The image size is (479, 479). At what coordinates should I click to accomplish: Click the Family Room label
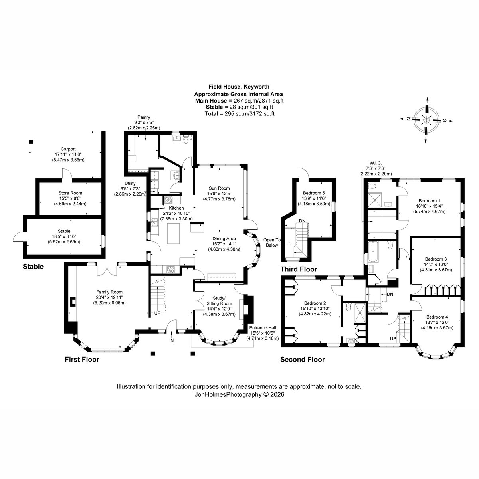109,292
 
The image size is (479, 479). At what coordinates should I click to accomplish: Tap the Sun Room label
219,188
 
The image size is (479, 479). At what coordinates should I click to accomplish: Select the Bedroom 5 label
314,193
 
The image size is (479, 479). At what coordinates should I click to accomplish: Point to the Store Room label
70,193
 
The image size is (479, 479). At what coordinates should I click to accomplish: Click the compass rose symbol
426,120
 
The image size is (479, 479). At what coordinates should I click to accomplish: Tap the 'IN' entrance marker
171,340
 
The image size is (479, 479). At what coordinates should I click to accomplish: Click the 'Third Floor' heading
299,269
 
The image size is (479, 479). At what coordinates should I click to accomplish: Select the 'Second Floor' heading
303,360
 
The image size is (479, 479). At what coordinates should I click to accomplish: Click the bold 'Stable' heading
33,267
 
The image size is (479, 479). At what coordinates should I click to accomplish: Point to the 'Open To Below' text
272,243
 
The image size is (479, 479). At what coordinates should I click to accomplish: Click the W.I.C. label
376,163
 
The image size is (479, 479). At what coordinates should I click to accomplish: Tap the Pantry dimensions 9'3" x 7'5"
144,122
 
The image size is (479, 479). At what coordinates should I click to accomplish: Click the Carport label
68,149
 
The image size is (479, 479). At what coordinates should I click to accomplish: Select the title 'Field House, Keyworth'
239,87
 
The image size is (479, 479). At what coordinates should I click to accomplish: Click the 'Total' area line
239,114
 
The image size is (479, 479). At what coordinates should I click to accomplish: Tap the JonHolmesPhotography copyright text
239,394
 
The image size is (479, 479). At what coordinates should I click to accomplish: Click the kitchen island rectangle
174,234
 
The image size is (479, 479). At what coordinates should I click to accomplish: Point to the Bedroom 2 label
315,303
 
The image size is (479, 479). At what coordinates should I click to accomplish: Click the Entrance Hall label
263,328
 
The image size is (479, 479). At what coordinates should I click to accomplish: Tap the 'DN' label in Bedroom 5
302,221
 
